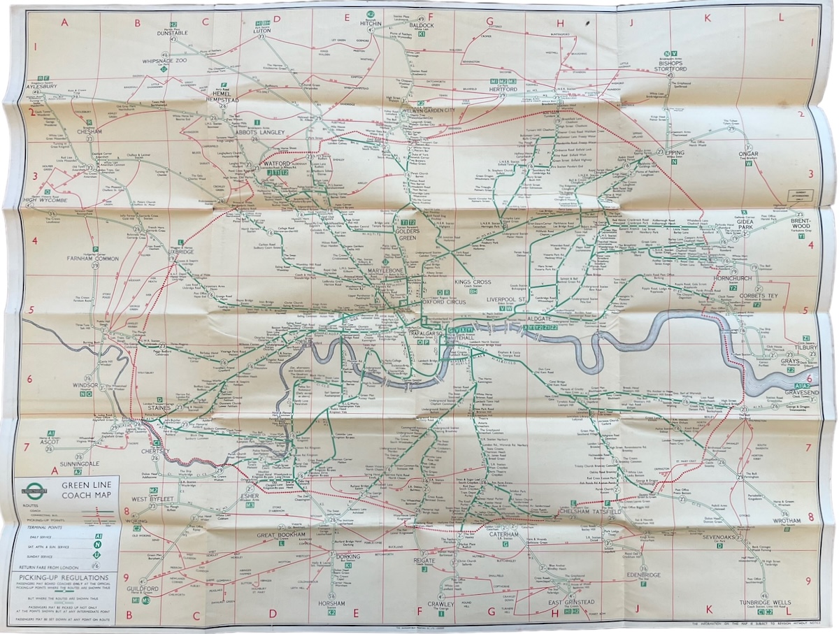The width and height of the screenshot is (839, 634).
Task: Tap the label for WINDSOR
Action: point(83,385)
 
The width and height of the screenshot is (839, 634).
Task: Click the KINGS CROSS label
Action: point(473,282)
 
